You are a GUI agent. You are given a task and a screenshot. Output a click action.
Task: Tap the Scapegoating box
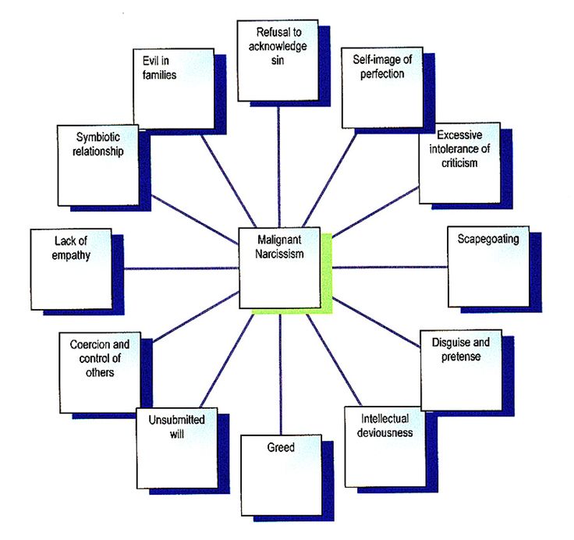(x=488, y=266)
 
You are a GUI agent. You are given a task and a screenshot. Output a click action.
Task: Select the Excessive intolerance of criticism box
(x=457, y=164)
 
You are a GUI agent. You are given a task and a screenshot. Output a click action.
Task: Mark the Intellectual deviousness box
(x=383, y=446)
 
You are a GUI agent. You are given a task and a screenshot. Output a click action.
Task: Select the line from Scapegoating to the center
(x=390, y=268)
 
